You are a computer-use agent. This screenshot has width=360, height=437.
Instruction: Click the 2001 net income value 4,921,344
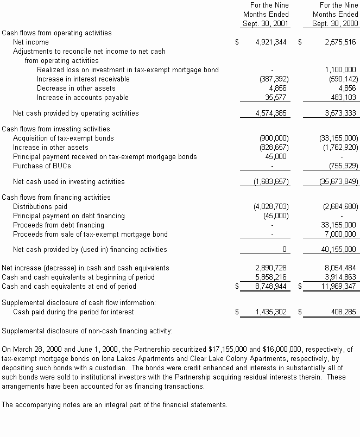(270, 42)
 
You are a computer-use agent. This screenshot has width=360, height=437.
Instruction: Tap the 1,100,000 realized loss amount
(340, 69)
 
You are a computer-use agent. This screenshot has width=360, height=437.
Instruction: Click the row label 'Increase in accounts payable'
(83, 98)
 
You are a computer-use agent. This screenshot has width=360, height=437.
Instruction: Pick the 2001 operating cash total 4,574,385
(270, 113)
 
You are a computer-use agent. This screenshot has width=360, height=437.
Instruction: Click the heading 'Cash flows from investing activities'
(56, 129)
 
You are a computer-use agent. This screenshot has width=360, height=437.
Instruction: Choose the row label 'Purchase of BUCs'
(42, 166)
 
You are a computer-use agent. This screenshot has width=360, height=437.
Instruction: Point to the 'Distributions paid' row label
(40, 206)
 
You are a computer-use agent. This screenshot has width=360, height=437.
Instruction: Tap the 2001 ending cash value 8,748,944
(270, 286)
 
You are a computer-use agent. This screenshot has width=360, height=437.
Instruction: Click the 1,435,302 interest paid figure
(270, 312)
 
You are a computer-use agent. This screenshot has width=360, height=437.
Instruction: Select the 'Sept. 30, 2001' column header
(266, 24)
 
